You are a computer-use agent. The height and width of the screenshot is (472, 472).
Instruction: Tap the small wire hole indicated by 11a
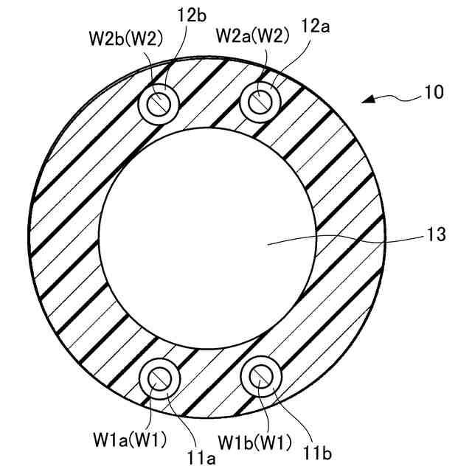point(159,377)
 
